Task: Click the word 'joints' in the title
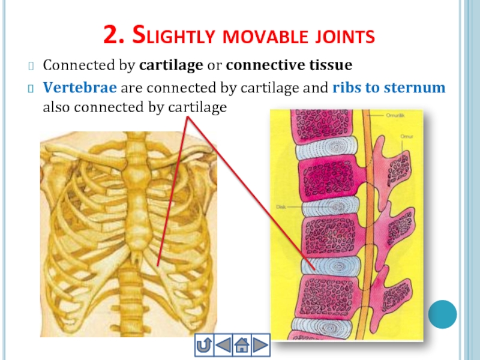pos(342,37)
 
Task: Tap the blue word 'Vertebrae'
pos(80,88)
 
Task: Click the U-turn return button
pos(205,345)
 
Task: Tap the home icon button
pos(242,345)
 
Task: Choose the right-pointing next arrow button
pos(260,345)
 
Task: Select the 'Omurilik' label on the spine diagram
pos(394,115)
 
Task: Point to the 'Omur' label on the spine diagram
pos(406,137)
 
